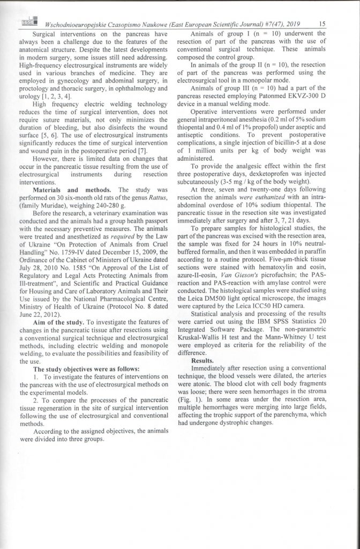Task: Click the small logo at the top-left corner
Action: coord(27,21)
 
